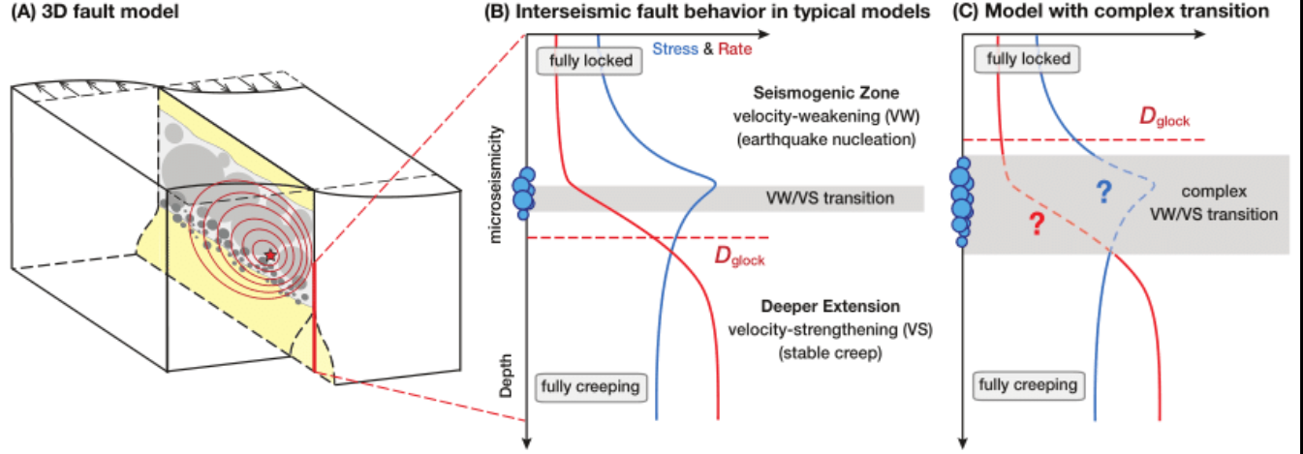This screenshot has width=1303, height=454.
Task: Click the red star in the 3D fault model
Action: [x=270, y=255]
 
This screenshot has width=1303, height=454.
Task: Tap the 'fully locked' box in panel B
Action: [x=590, y=61]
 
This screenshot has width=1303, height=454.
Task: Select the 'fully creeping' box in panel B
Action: [x=590, y=387]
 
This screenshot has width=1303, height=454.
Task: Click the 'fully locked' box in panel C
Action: [x=1028, y=59]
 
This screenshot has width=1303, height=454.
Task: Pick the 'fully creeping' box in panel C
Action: [x=1029, y=385]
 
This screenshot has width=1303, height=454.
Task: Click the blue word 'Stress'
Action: [x=675, y=49]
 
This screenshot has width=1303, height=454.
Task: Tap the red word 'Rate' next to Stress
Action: [x=734, y=49]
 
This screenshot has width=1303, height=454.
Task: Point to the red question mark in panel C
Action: [x=1036, y=224]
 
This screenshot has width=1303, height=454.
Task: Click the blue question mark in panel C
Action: [x=1102, y=192]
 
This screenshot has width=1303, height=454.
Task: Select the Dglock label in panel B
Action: [x=740, y=257]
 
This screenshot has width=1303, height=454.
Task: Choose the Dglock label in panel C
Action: [x=1163, y=118]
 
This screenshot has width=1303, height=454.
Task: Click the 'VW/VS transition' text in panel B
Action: [x=829, y=198]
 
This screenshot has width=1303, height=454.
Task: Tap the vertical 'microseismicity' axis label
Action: [x=495, y=185]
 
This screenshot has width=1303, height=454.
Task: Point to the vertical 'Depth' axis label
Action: [x=506, y=376]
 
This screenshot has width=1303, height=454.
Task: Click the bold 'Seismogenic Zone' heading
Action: [x=826, y=93]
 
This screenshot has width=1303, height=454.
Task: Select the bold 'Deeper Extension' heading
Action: [x=830, y=306]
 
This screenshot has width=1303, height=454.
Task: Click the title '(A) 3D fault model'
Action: [x=95, y=12]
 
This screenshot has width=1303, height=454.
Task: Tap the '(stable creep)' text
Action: [x=830, y=353]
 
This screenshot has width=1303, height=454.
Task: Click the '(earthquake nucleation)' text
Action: [x=826, y=139]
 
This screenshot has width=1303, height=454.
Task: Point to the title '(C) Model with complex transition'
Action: [x=1110, y=11]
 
